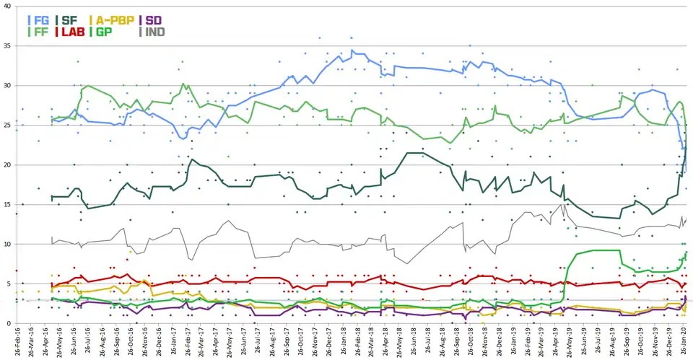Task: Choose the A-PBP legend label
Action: pos(115,20)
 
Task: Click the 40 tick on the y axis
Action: pos(7,6)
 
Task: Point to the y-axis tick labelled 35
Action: pos(7,46)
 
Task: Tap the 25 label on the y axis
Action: pos(7,126)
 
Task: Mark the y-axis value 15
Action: pos(7,205)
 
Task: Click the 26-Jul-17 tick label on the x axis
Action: pos(258,341)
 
